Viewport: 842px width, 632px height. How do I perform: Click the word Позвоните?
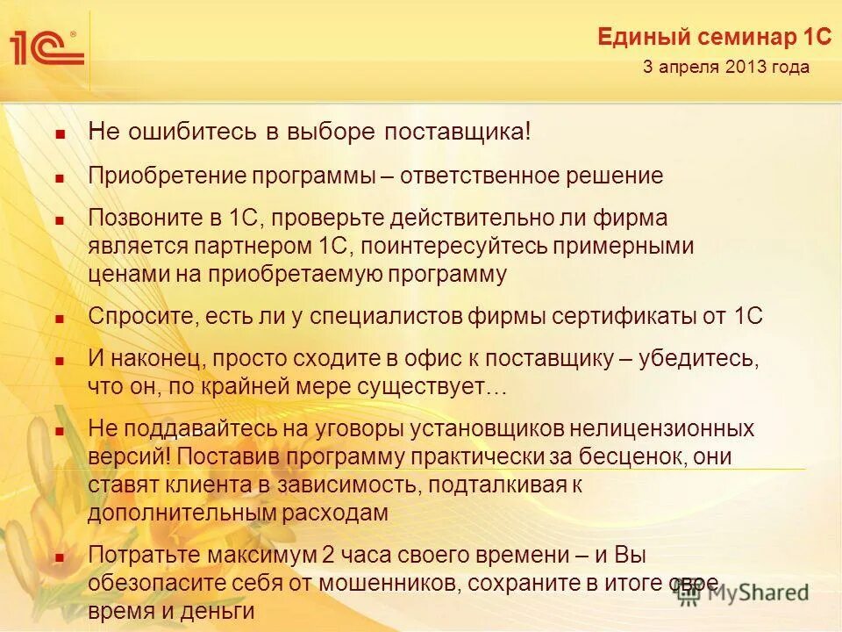click(139, 217)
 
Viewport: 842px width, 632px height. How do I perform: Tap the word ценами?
click(119, 274)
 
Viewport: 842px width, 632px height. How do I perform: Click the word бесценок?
click(630, 456)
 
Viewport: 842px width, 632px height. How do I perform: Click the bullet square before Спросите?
click(60, 319)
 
